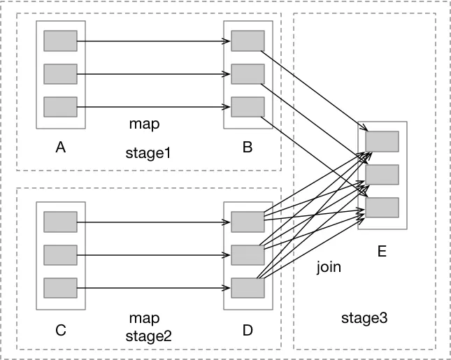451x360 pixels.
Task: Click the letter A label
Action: tap(61, 147)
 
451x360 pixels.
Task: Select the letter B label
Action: tap(248, 147)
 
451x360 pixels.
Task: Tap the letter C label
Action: tap(61, 331)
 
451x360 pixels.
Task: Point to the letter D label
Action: tap(248, 331)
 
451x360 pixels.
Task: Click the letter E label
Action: tap(382, 251)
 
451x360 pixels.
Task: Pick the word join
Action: tap(329, 267)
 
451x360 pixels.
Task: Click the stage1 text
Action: tap(148, 152)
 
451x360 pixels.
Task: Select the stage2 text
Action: tap(148, 335)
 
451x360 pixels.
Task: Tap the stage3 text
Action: tap(364, 318)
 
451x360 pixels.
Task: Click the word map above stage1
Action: tap(145, 124)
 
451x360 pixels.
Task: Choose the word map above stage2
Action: tap(145, 319)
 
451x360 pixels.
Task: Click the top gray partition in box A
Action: tap(60, 41)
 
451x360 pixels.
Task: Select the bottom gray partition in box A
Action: tap(60, 107)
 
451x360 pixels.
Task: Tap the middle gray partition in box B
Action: tap(248, 73)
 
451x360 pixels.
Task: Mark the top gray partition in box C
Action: tap(60, 222)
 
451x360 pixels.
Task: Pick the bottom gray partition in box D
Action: tap(248, 288)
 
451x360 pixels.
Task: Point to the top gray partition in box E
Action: tap(382, 141)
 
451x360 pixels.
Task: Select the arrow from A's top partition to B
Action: tap(154, 41)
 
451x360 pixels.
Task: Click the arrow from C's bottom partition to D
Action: tap(154, 288)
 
